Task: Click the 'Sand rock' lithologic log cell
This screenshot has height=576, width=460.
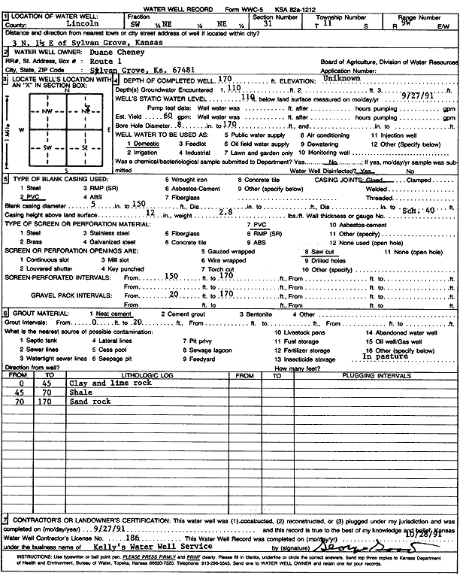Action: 89,402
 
